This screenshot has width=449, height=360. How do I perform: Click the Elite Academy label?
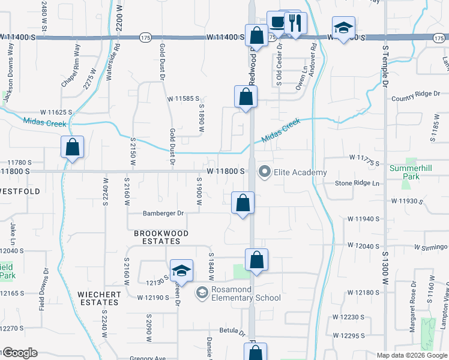[300, 173]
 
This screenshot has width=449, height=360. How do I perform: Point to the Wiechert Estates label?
[98, 298]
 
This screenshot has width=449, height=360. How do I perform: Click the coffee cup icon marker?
[277, 23]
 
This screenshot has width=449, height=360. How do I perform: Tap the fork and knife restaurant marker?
[294, 23]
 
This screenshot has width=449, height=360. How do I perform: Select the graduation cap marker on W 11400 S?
[344, 28]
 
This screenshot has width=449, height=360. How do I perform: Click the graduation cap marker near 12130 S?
[181, 271]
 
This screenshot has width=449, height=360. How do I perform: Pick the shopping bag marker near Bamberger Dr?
[243, 203]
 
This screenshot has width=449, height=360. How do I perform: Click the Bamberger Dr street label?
[163, 213]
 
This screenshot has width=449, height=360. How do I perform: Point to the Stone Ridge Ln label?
[358, 183]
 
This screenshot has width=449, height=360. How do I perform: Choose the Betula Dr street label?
[233, 331]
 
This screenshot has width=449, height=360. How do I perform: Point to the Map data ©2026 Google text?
[411, 355]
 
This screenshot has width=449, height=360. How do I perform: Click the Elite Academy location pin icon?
[264, 172]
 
